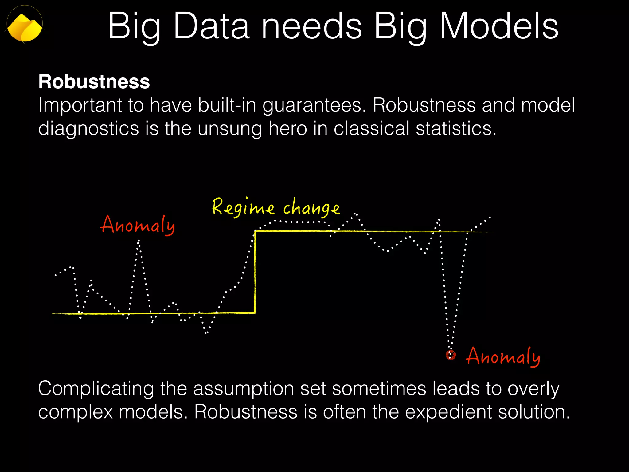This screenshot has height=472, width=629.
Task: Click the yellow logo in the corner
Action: [x=25, y=27]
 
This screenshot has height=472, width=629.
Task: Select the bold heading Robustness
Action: [x=94, y=82]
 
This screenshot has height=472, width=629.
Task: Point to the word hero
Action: [x=287, y=128]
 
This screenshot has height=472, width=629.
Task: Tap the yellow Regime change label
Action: [x=275, y=208]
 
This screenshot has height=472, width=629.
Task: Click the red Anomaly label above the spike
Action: [x=138, y=225]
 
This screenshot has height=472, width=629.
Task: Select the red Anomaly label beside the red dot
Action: [x=503, y=356]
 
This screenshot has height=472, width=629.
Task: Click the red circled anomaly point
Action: [x=451, y=355]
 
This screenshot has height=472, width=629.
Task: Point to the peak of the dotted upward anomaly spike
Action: [x=139, y=241]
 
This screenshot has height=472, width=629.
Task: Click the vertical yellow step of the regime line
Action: [x=255, y=272]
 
